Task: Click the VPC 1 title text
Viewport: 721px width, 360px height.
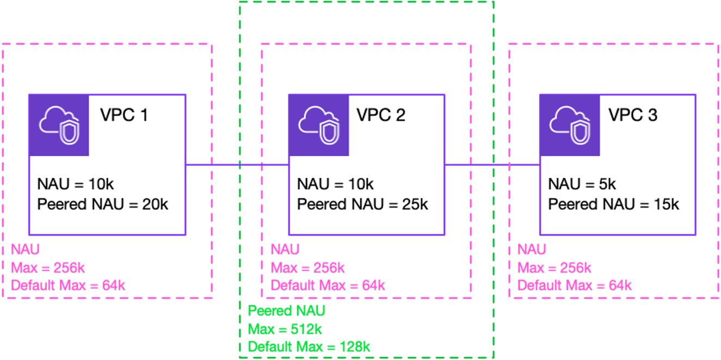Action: tap(124, 115)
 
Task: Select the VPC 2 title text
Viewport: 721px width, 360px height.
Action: tap(381, 115)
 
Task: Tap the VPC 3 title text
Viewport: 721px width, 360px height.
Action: tap(632, 115)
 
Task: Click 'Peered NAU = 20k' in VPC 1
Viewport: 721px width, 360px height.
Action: tap(103, 204)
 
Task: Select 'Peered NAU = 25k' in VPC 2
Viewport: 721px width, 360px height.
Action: tap(362, 204)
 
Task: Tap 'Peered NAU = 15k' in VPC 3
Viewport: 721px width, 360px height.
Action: tap(613, 204)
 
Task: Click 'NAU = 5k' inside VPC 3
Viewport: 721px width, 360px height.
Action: tap(582, 184)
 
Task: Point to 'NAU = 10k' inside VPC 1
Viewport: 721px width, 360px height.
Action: tap(76, 184)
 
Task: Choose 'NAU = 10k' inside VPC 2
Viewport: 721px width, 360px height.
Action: tap(335, 184)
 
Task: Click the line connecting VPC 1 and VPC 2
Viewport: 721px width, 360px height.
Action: tap(237, 164)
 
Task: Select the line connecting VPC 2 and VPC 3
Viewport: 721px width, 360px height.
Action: tap(492, 164)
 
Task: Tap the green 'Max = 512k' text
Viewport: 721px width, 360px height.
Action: tap(285, 329)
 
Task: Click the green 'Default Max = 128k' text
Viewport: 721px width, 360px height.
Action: tap(309, 346)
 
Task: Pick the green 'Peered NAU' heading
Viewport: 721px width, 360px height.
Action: tap(286, 311)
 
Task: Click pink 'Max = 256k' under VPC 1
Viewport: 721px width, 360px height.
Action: tap(48, 268)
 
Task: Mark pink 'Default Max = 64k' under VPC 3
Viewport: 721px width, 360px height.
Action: tap(575, 285)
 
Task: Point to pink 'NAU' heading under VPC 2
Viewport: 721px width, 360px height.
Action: tap(285, 250)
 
